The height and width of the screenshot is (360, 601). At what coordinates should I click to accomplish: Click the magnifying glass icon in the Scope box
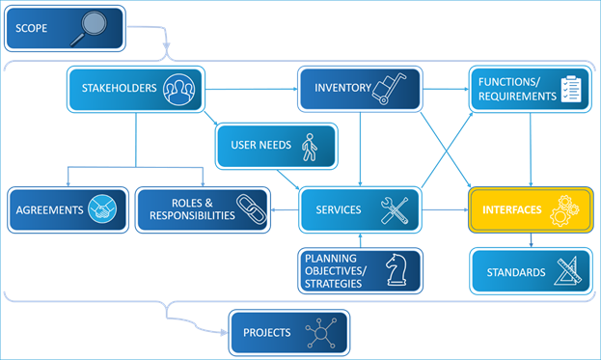point(89,29)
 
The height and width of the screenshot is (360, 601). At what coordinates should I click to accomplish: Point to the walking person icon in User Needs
point(309,147)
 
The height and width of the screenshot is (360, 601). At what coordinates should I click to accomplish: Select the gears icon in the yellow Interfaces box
point(564,210)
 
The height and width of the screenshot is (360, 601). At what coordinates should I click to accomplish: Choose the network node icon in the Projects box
point(320,333)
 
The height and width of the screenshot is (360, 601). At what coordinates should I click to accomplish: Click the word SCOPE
point(32,29)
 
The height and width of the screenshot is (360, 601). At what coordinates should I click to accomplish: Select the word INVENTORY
point(342,88)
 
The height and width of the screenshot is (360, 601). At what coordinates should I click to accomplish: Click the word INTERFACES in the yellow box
point(512,209)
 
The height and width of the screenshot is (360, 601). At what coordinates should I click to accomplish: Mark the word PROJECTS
point(267,333)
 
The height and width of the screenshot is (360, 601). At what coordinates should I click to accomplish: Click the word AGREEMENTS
point(50,209)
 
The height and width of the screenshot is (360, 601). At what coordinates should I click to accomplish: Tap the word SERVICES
point(338,209)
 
